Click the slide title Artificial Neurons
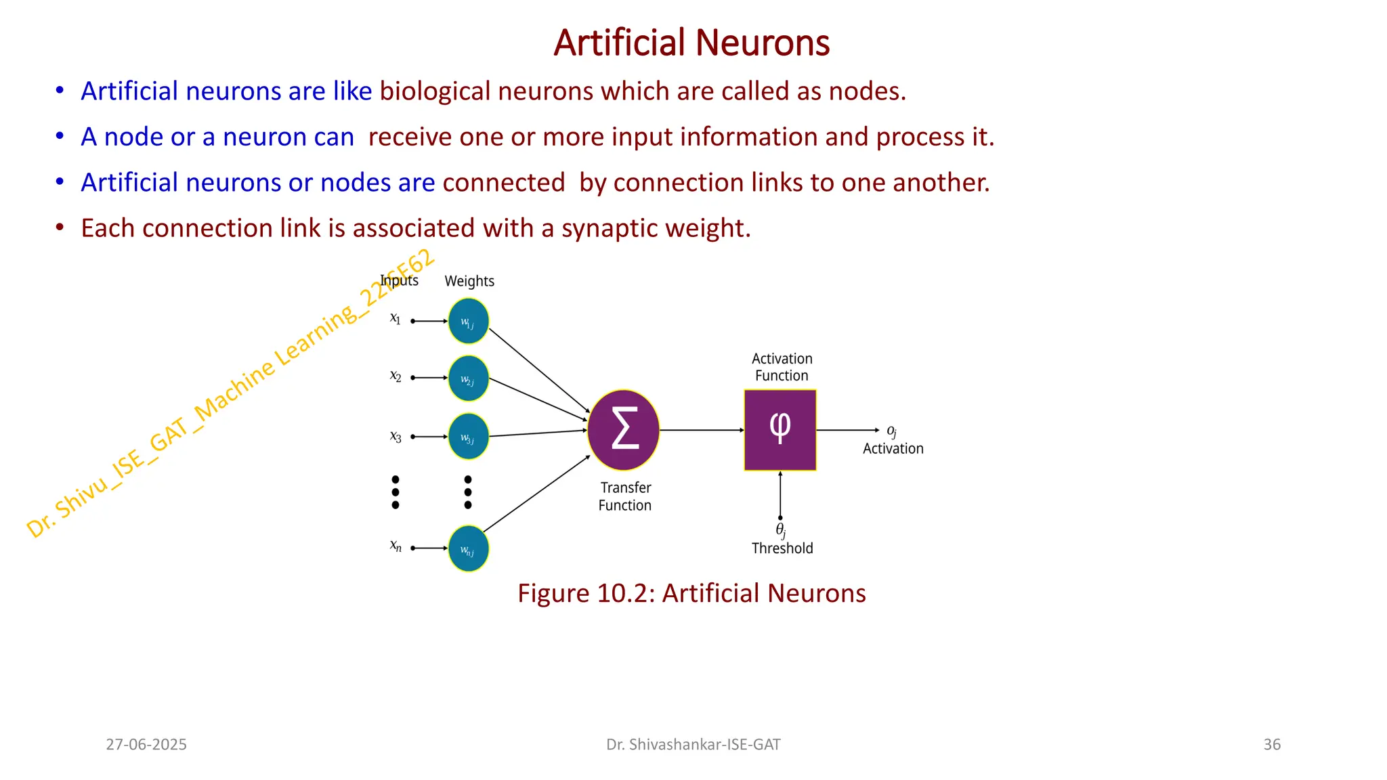point(691,43)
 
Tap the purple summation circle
point(623,430)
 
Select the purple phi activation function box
point(780,430)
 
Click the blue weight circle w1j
point(468,321)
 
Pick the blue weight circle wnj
point(468,548)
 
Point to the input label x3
point(396,437)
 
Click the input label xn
point(396,546)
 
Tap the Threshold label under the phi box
point(782,548)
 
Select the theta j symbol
point(780,530)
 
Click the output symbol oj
point(892,431)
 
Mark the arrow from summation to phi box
point(702,430)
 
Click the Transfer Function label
point(625,496)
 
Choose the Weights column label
point(469,281)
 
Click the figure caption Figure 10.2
point(691,593)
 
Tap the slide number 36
point(1272,745)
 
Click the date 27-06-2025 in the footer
point(146,745)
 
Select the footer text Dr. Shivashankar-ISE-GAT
point(693,745)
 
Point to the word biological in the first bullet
point(435,91)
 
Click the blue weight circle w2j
point(468,378)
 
